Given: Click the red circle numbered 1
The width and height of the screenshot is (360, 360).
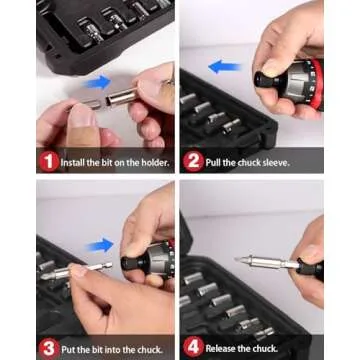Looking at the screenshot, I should tap(49, 160).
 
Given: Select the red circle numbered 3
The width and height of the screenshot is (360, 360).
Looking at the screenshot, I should tap(49, 348).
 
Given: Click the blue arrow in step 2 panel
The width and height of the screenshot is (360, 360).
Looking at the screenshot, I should tap(226, 68).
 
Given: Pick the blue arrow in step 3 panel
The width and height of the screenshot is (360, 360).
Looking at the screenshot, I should tap(100, 245).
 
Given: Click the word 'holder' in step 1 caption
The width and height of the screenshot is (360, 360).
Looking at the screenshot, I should tap(150, 161).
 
